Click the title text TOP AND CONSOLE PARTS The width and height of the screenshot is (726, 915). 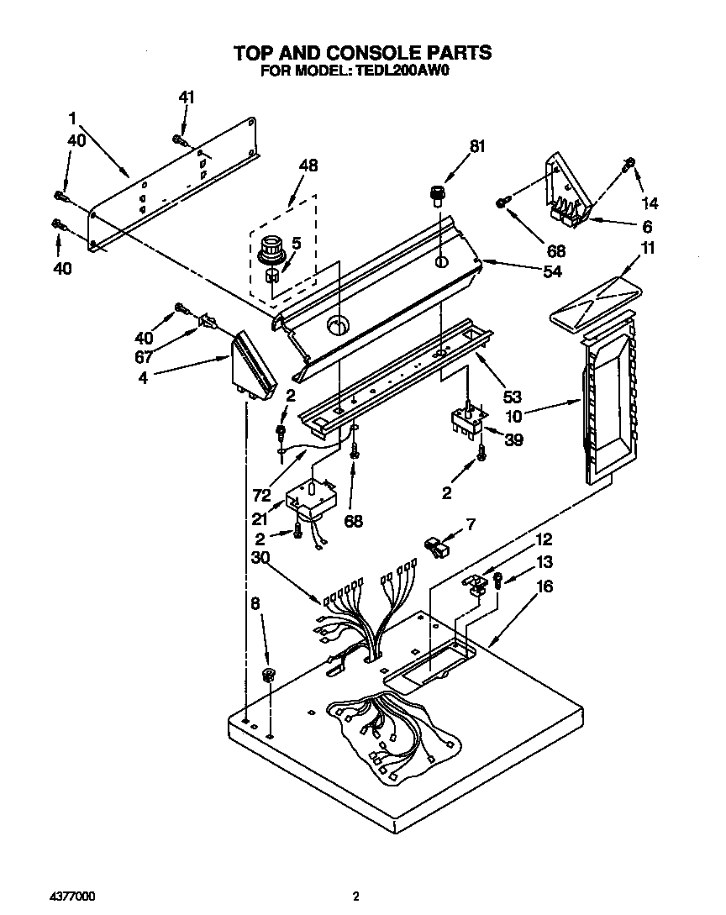coord(362,53)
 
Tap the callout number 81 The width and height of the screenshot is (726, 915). coord(477,146)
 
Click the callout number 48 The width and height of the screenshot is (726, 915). coord(308,166)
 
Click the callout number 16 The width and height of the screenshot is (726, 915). coord(544,586)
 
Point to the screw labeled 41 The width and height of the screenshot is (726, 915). coord(178,139)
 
